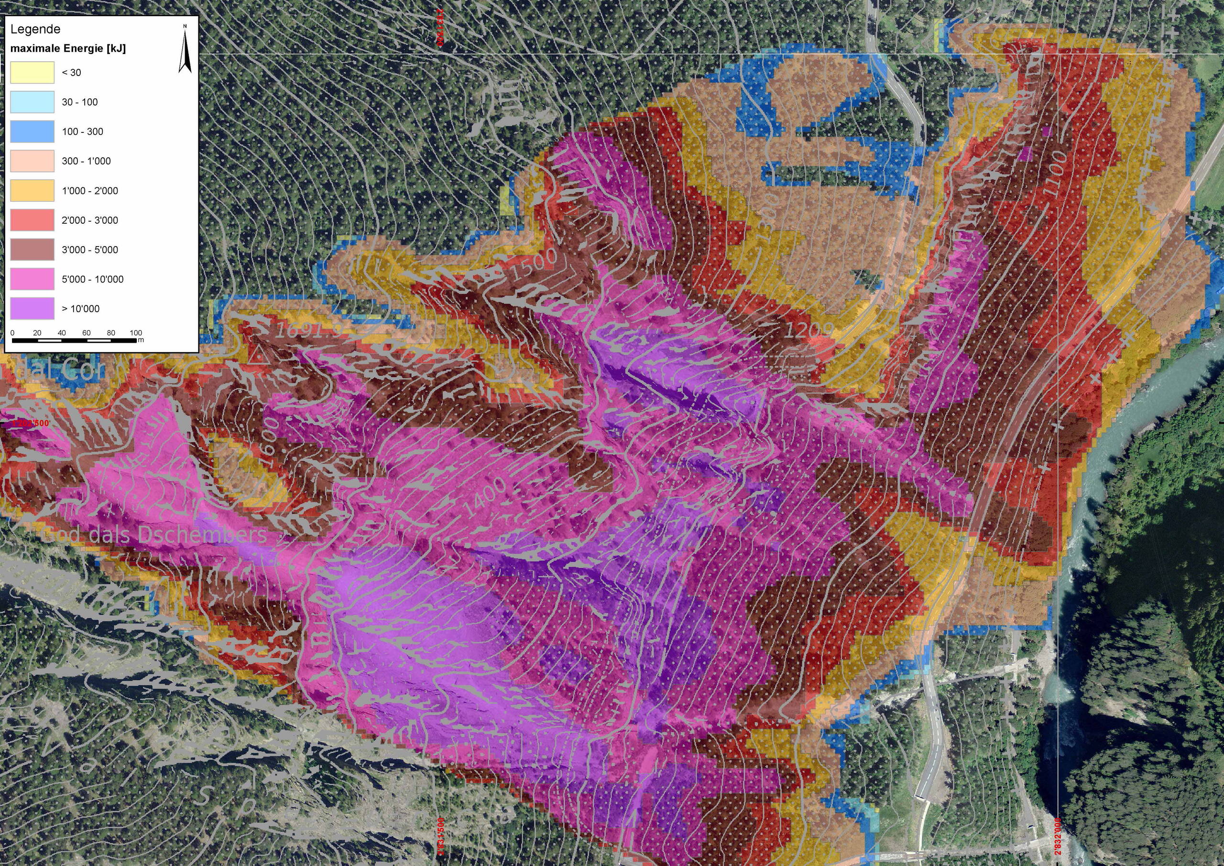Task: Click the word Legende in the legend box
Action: click(x=35, y=29)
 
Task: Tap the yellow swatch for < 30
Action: click(x=32, y=73)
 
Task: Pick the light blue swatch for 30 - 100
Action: click(x=32, y=102)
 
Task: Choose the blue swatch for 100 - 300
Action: click(x=32, y=131)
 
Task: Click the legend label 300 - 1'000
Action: click(x=87, y=161)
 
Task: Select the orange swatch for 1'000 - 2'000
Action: click(x=32, y=190)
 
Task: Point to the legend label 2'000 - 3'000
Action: click(x=89, y=220)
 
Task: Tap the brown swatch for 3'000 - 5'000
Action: click(x=32, y=249)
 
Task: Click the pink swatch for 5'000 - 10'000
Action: click(x=32, y=279)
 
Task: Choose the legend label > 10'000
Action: click(x=80, y=309)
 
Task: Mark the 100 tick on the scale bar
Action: click(x=135, y=333)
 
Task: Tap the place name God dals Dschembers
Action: click(x=153, y=534)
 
